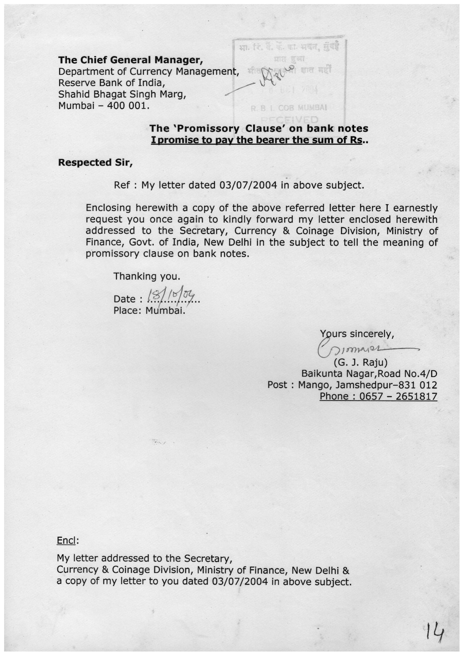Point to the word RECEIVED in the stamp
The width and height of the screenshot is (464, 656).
[290, 120]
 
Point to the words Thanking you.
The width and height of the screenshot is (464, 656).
[147, 276]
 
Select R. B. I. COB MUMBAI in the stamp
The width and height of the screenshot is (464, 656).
[289, 109]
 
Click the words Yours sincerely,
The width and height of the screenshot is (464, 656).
[357, 334]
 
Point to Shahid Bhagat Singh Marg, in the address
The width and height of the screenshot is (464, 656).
[122, 94]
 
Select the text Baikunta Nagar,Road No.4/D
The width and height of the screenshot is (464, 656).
[369, 374]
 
